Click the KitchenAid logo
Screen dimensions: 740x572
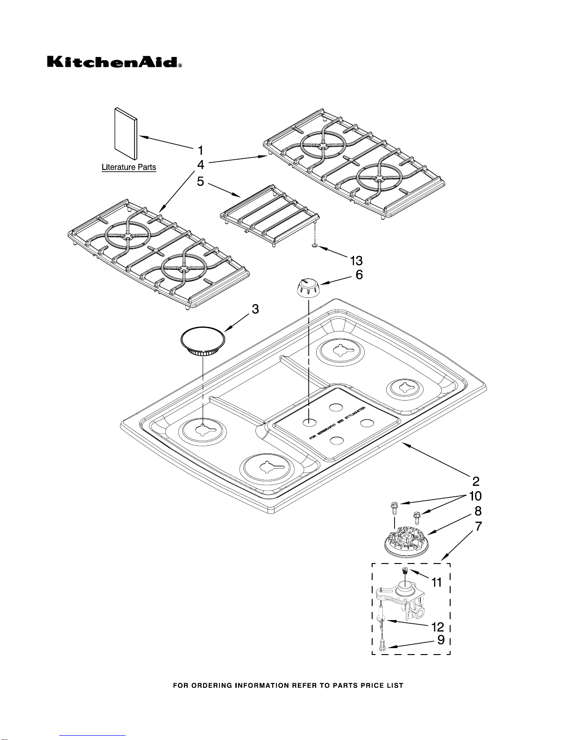113,63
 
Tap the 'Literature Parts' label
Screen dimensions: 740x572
129,167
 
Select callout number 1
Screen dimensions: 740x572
200,150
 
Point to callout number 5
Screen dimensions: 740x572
200,181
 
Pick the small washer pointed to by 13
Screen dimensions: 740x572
316,245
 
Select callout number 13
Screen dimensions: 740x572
356,261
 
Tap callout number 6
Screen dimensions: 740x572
359,275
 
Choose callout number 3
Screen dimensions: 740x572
255,309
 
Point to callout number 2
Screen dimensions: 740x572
476,481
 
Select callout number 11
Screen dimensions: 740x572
436,582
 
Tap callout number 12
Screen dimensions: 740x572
438,627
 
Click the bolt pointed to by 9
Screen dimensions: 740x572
382,646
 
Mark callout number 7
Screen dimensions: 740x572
478,526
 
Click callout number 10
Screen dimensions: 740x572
475,496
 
